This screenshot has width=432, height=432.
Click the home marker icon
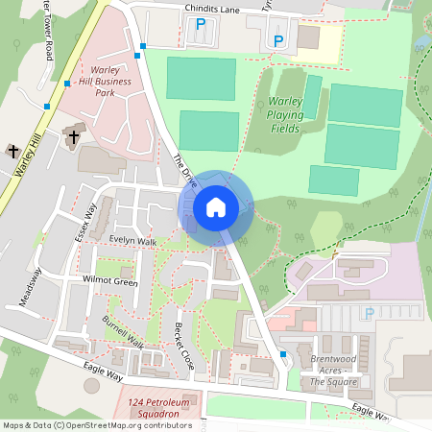pyautogui.click(x=216, y=206)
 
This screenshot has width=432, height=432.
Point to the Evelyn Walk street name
pyautogui.click(x=132, y=240)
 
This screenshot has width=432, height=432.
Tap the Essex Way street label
pyautogui.click(x=86, y=222)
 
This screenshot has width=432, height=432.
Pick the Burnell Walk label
pyautogui.click(x=122, y=331)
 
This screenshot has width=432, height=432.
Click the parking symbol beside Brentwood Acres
pyautogui.click(x=369, y=313)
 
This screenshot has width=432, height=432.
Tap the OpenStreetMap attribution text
pyautogui.click(x=96, y=425)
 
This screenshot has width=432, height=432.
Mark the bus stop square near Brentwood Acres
pyautogui.click(x=283, y=354)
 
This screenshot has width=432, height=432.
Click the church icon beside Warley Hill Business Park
pyautogui.click(x=74, y=137)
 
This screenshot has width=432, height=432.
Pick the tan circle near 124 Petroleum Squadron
pyautogui.click(x=91, y=385)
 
